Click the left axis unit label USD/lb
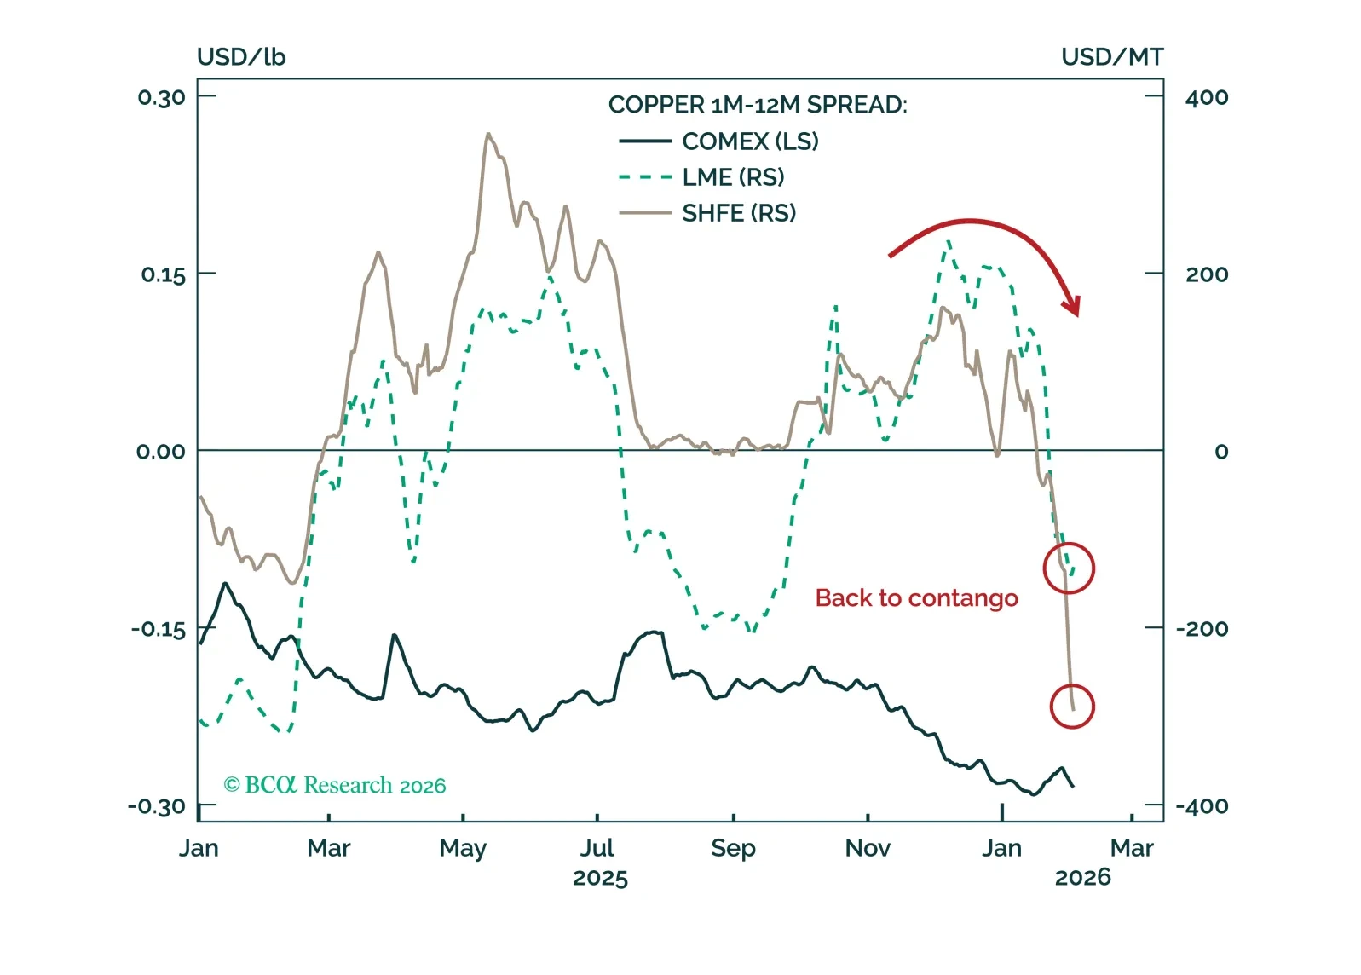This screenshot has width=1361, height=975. (241, 57)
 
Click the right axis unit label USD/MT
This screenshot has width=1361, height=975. (1111, 57)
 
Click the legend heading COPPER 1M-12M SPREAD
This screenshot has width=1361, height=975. (757, 105)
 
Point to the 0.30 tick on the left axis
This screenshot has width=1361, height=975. (161, 97)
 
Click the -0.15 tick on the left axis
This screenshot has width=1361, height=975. (158, 629)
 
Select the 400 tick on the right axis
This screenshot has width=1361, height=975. (1206, 97)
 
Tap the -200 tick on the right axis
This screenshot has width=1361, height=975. (1202, 629)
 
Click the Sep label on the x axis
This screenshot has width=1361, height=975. (733, 848)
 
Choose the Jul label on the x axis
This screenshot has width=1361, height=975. (597, 848)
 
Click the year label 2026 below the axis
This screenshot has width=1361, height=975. (1082, 877)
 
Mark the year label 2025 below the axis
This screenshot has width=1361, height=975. (600, 878)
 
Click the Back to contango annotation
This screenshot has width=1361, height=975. (916, 598)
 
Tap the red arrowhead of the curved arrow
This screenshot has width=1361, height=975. (1073, 305)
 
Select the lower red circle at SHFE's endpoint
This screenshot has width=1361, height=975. (1071, 706)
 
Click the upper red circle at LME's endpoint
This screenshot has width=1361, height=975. (1069, 568)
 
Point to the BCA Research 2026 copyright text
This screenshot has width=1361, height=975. (334, 785)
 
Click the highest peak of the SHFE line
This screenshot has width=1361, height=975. (488, 135)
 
